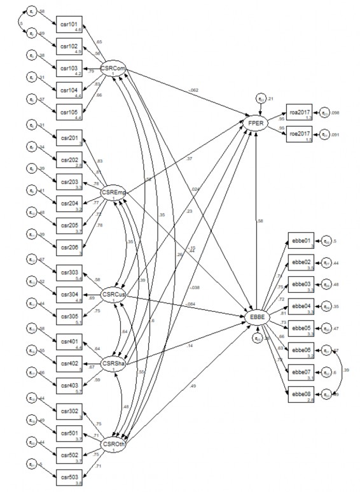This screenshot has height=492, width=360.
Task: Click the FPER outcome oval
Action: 260,121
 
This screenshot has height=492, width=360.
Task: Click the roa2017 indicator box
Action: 301,113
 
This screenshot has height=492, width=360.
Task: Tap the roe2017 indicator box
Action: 301,134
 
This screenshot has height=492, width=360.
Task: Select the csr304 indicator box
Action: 69,293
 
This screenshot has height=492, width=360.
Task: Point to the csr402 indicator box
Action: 69,363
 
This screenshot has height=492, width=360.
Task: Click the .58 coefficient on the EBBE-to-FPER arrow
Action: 261,221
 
